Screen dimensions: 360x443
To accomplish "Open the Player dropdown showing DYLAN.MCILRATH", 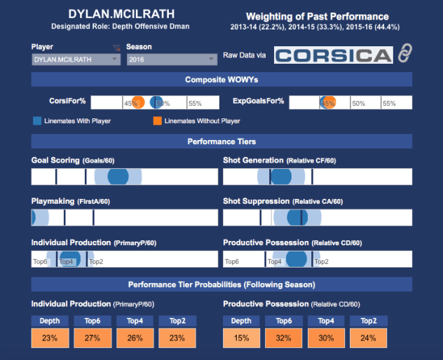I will click(76, 60).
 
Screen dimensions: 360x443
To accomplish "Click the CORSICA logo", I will click(333, 56).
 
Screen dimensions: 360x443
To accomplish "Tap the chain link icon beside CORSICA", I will click(404, 53).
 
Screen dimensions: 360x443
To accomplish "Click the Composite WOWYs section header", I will click(221, 80).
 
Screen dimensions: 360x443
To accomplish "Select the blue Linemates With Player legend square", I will click(37, 120).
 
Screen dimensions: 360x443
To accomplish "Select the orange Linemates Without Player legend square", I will click(158, 120).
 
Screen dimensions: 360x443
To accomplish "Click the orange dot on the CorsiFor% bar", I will click(138, 102).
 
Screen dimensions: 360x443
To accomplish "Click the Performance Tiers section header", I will click(221, 141).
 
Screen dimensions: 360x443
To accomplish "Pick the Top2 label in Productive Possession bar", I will click(321, 261).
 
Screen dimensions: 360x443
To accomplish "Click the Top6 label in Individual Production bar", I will click(41, 261).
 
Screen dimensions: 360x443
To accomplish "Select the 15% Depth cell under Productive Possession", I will click(240, 338).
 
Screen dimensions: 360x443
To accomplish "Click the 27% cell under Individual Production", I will click(93, 338).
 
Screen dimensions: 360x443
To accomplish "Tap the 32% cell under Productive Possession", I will click(283, 338).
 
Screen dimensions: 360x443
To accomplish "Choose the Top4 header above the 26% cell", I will click(135, 321).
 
